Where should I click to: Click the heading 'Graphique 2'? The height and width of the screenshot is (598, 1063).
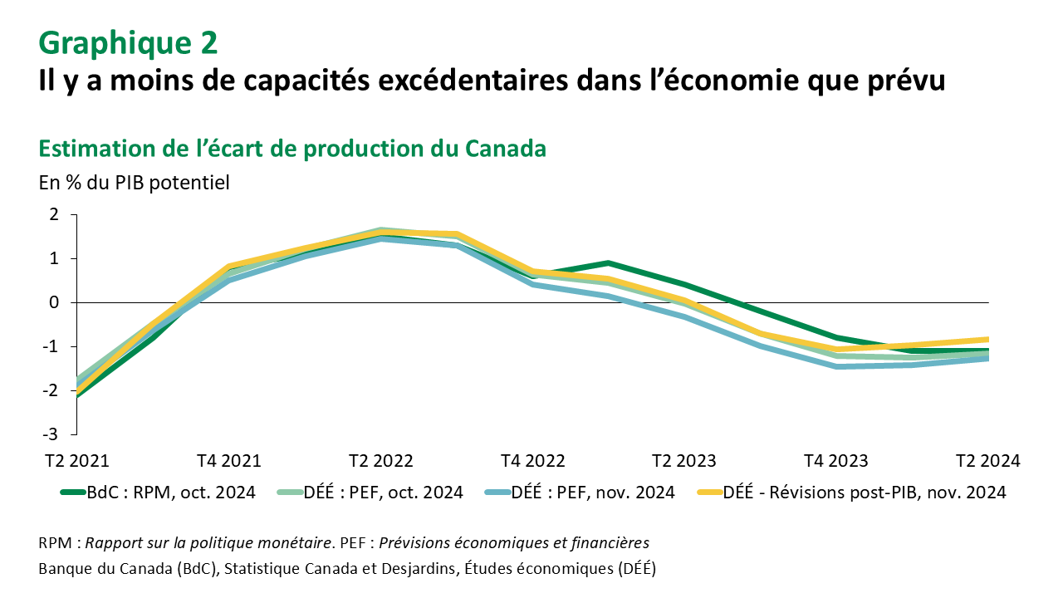[x=128, y=42]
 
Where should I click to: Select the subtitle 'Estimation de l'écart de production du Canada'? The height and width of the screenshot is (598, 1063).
[x=292, y=149]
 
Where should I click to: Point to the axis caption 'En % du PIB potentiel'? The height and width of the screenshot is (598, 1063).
[x=134, y=182]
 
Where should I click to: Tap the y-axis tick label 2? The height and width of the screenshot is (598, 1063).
[x=54, y=214]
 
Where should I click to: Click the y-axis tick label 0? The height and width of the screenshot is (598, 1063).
[x=54, y=302]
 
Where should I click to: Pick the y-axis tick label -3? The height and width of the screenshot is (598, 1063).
[x=51, y=434]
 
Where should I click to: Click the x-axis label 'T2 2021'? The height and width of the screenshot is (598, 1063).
[x=76, y=461]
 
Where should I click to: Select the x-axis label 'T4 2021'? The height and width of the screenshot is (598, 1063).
[x=228, y=461]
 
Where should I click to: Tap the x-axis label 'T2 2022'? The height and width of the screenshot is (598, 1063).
[x=381, y=461]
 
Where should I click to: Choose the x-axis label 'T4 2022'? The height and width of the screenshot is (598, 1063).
[x=533, y=461]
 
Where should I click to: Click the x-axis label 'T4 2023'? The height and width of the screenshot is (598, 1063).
[x=837, y=461]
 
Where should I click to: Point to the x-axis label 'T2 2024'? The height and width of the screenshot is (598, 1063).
[x=987, y=461]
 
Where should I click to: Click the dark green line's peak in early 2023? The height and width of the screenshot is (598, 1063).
[x=608, y=263]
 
